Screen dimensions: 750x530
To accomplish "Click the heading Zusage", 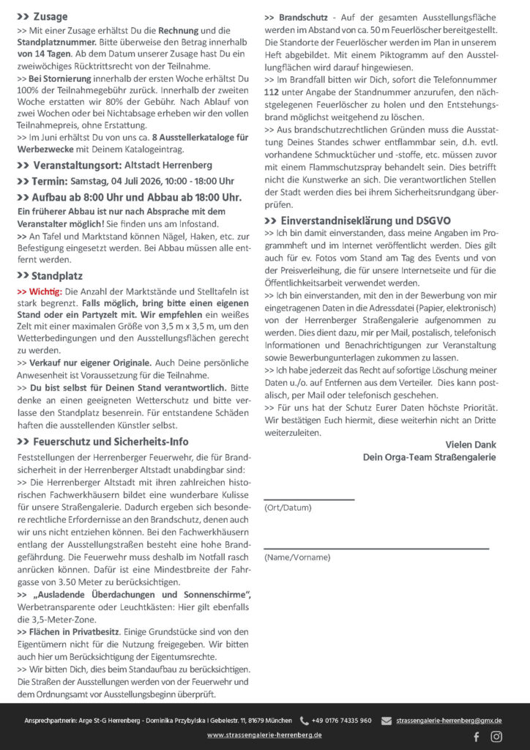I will point(50,17).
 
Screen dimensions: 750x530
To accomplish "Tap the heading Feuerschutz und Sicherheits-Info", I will point(111,442).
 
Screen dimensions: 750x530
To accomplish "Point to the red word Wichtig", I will point(45,292).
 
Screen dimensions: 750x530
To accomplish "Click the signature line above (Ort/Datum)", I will point(309,500).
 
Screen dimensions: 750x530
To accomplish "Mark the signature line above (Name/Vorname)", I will point(376,548).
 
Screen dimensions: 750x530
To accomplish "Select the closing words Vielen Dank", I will point(470,445).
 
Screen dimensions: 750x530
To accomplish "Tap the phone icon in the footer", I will point(305,721).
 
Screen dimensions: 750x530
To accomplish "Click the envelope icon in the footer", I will point(386,721).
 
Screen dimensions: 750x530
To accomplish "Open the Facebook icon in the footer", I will point(477,736).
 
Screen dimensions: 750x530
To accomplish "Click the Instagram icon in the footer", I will point(496,736).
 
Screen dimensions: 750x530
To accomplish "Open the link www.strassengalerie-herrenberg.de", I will point(264,735).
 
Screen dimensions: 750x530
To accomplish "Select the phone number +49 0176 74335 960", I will point(341,721).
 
